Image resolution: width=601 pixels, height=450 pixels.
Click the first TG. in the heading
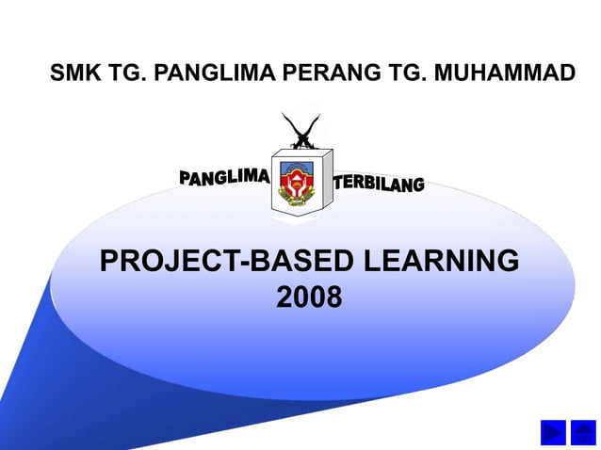tap(122, 72)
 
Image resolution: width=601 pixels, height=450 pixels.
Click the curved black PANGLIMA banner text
tap(224, 175)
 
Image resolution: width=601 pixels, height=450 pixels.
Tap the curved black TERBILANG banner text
tap(379, 183)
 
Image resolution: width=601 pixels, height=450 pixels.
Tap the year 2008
tap(309, 297)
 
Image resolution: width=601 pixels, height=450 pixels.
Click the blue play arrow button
tap(553, 432)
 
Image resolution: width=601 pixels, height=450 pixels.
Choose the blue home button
tap(583, 432)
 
